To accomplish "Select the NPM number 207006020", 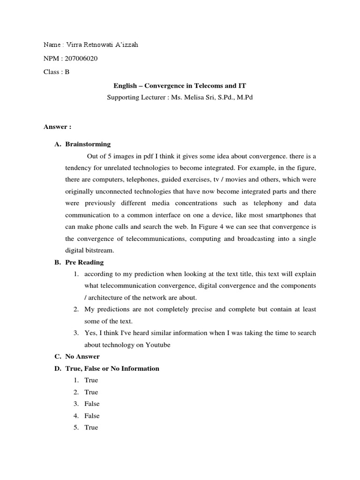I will click(83, 59).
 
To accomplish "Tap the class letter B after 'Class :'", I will click(67, 72).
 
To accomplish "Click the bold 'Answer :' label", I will click(57, 127).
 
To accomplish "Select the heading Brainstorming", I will click(88, 144).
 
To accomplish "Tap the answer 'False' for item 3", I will click(92, 404).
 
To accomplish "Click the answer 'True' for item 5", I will click(91, 427).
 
